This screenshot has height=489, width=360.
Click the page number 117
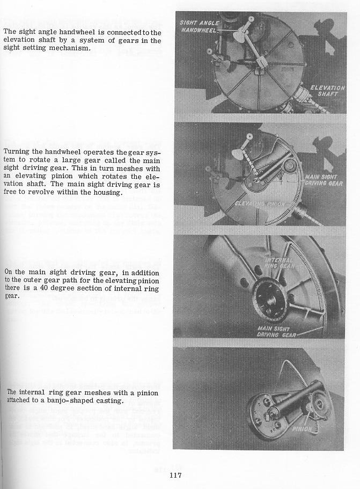(x=177, y=475)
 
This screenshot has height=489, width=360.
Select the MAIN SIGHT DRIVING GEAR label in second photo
(x=324, y=180)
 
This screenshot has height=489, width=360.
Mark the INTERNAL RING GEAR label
(x=279, y=263)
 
